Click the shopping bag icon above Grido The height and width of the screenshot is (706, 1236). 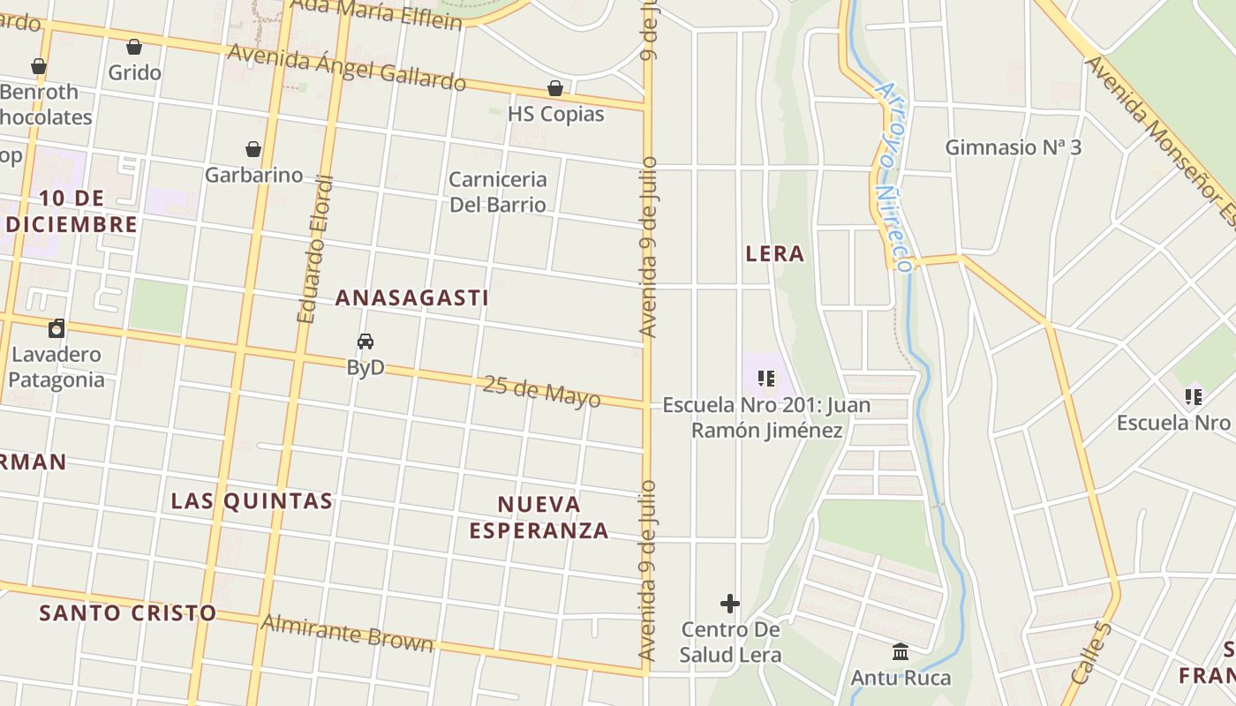(x=134, y=47)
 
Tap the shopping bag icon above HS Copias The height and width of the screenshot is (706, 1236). (x=555, y=88)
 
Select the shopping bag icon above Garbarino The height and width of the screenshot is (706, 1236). (x=253, y=149)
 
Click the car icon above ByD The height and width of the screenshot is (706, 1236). (x=366, y=342)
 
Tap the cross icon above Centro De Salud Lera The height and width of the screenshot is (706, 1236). (x=729, y=604)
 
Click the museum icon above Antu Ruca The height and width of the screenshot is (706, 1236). (x=901, y=652)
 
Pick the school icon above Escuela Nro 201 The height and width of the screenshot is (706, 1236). (x=766, y=379)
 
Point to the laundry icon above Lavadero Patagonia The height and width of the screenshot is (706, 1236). (x=57, y=329)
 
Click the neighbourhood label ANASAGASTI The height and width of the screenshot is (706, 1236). (x=411, y=298)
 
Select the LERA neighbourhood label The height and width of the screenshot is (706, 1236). (x=775, y=254)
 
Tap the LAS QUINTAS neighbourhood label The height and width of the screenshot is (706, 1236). (x=252, y=501)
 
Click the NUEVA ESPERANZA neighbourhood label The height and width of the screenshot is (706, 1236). (x=539, y=517)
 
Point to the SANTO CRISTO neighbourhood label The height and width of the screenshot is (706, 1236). (x=128, y=612)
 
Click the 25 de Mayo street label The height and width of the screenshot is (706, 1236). (x=541, y=391)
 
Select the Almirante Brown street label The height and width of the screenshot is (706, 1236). (x=347, y=633)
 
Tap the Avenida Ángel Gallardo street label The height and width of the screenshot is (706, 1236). (x=347, y=68)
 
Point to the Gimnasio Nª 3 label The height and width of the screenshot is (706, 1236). (x=1013, y=147)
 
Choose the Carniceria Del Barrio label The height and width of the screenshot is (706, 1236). (x=498, y=192)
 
